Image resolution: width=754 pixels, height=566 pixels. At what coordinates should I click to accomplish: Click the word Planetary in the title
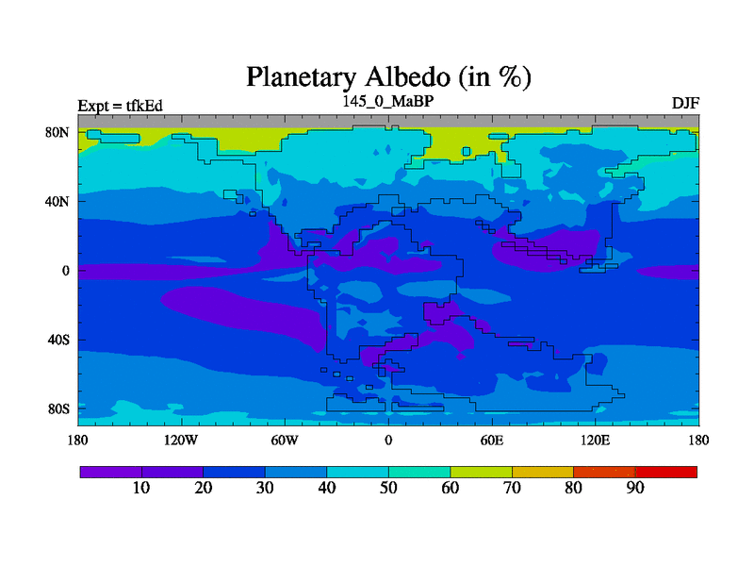(302, 78)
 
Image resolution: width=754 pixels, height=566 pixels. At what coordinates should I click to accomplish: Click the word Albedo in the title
(408, 76)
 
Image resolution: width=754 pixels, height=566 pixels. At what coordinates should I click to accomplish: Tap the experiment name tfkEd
(144, 106)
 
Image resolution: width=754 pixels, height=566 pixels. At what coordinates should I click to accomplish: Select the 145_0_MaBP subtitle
(388, 101)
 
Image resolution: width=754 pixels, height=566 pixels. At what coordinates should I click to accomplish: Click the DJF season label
(685, 103)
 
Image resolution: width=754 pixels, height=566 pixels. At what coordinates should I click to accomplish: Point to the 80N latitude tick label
(57, 132)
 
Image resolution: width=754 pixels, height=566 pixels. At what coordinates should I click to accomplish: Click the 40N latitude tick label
(57, 201)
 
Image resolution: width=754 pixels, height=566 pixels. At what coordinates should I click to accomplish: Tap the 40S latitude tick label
(58, 340)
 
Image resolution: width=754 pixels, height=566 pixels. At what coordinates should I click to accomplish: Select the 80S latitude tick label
(58, 409)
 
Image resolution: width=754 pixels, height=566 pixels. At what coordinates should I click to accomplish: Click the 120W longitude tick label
(181, 440)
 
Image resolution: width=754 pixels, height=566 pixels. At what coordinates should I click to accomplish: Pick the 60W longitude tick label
(285, 440)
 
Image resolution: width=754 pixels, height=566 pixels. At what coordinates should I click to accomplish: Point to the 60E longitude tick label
(492, 440)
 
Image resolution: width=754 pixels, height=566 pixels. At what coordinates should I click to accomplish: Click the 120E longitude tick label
(596, 440)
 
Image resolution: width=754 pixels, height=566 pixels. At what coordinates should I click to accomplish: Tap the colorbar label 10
(141, 488)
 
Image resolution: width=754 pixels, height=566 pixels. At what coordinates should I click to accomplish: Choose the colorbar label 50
(388, 488)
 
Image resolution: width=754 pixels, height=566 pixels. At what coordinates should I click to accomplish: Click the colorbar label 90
(635, 488)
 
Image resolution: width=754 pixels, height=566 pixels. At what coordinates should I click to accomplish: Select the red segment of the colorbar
(666, 472)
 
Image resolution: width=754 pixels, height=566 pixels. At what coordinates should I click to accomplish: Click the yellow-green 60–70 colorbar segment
(481, 472)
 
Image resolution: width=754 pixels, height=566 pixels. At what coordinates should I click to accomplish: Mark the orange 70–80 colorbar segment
(543, 472)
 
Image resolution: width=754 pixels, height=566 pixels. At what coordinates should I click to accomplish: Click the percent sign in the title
(509, 77)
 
